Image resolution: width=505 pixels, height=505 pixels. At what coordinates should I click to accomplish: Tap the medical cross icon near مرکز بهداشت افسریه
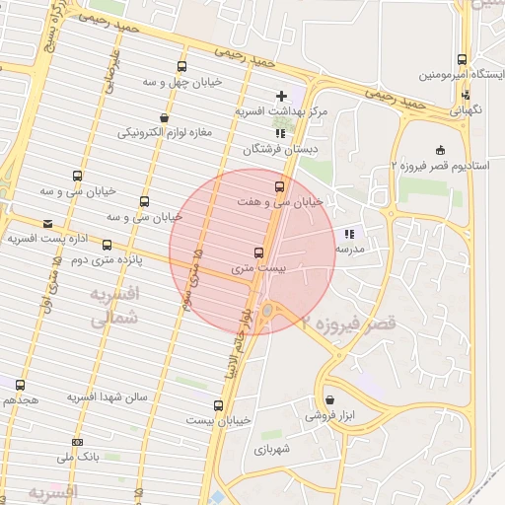coord(282,96)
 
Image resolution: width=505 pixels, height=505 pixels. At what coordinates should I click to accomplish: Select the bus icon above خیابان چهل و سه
coord(180,66)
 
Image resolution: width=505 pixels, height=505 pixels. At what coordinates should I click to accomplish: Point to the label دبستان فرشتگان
coord(281,150)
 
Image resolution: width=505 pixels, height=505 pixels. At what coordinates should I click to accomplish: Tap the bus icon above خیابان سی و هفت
coord(279,184)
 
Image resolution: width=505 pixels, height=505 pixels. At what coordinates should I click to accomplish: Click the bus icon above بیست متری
coord(259,252)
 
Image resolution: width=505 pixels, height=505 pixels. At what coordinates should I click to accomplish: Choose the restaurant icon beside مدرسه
coord(349,234)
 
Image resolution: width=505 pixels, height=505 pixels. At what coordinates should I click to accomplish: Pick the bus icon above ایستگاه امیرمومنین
coord(463,60)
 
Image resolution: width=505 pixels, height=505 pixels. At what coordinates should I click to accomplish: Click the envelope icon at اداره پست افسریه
coord(47,224)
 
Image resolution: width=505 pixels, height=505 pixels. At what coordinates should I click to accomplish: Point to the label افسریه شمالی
coord(114,307)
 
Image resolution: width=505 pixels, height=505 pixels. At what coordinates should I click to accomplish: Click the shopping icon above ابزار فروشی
coord(330,399)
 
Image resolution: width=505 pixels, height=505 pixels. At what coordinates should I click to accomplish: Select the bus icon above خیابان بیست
coord(219,404)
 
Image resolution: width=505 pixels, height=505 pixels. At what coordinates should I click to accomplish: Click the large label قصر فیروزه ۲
coord(349,323)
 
